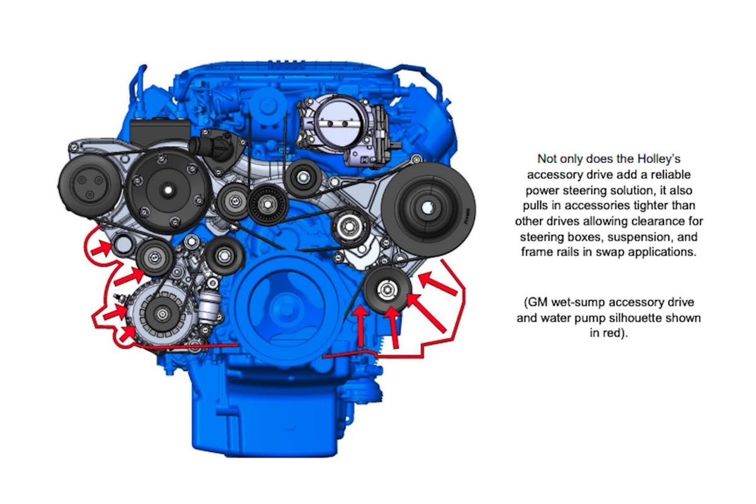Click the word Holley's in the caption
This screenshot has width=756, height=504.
658,159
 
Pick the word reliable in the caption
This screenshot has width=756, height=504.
668,175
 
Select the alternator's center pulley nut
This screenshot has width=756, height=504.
163,314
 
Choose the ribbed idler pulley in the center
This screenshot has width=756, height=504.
268,205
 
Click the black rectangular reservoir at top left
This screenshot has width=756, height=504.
159,132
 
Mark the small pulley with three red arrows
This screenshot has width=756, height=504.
387,290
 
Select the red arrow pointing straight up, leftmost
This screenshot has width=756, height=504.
361,326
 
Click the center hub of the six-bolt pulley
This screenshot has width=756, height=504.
168,190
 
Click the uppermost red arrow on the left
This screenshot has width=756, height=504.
101,249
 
